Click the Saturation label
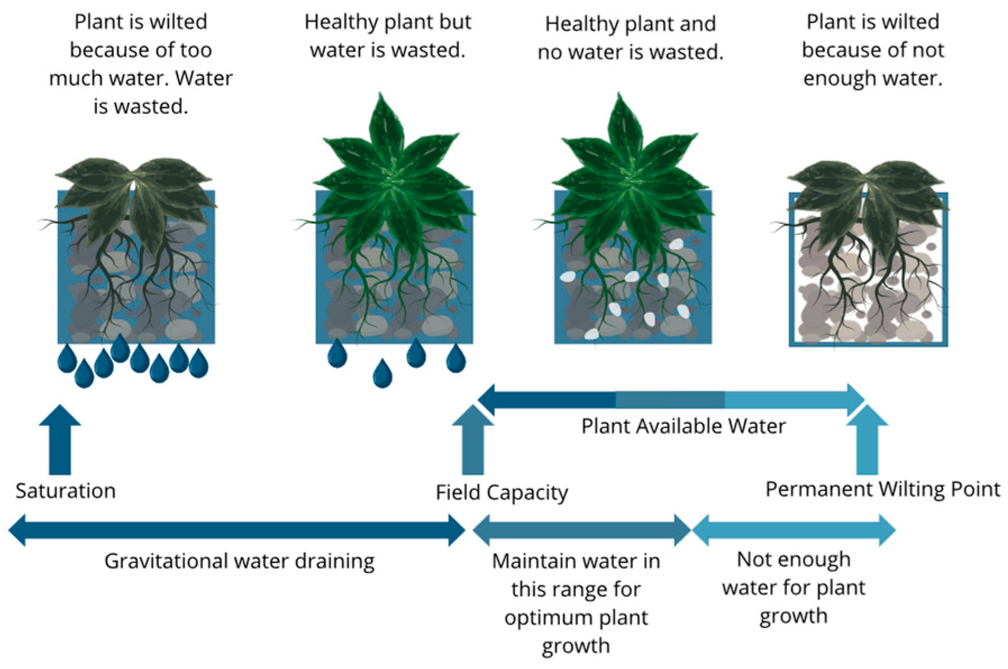pos(66,491)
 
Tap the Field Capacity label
pos(501,493)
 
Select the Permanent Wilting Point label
pos(882,489)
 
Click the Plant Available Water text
pos(683,427)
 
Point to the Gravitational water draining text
pos(239,561)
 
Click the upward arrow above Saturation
pos(60,440)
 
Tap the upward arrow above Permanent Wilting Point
pos(867,440)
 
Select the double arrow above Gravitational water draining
pos(237,530)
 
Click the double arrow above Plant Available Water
pos(671,400)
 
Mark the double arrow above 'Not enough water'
pos(793,530)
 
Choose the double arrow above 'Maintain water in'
pos(581,530)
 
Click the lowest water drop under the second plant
pos(382,374)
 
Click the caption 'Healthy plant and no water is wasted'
pos(630,38)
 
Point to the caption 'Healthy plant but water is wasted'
pos(387,36)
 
